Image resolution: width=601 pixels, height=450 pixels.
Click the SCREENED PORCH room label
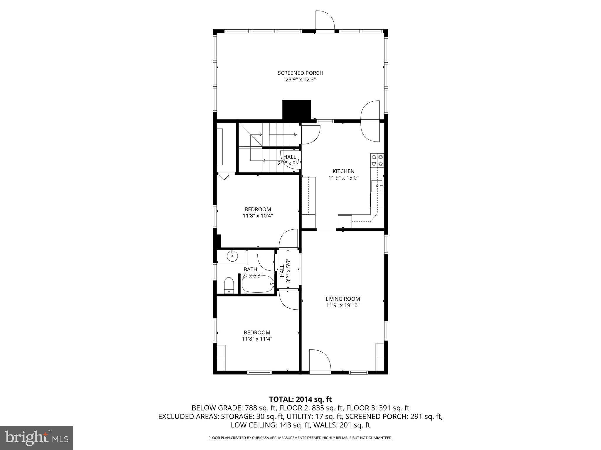click(x=300, y=73)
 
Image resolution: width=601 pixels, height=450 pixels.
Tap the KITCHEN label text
click(x=343, y=171)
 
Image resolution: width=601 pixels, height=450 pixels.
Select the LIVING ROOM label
click(x=342, y=299)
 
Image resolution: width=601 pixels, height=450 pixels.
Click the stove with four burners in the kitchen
click(x=377, y=160)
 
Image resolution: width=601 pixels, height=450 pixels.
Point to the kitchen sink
click(x=377, y=186)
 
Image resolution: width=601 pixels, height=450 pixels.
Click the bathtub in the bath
click(x=257, y=284)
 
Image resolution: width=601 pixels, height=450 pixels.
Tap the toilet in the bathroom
click(x=229, y=286)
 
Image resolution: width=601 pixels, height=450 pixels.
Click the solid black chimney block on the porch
click(x=296, y=110)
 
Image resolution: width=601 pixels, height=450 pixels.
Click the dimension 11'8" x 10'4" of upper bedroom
click(x=258, y=216)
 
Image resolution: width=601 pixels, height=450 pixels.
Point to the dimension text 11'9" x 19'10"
click(x=342, y=306)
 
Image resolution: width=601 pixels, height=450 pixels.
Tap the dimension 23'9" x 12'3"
click(x=300, y=80)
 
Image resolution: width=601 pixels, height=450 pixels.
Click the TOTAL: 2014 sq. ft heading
click(x=300, y=399)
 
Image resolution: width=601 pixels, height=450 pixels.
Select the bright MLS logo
click(x=36, y=438)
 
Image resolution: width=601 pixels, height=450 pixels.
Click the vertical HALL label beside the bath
click(x=282, y=271)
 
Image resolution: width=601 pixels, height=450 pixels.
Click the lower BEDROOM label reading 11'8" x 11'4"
click(x=257, y=333)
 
